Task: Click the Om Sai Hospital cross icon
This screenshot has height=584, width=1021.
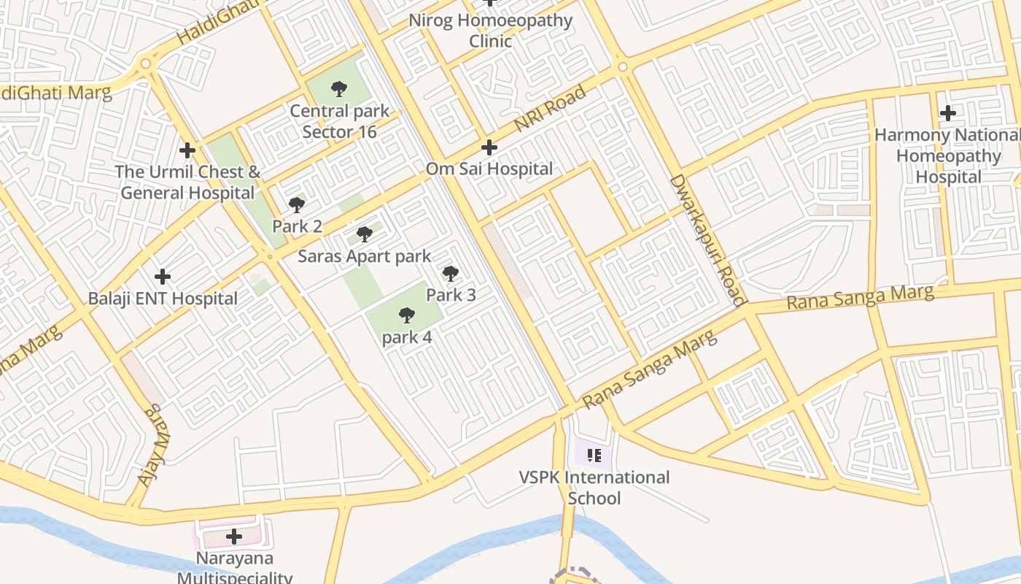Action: coord(489,147)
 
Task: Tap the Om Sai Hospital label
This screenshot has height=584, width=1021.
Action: coord(489,169)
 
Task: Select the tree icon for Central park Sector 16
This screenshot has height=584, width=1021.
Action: coord(338,89)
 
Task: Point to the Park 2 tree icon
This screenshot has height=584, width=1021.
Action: coord(297,204)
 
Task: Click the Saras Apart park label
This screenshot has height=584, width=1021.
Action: coord(365,257)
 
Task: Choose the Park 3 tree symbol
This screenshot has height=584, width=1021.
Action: coord(451,274)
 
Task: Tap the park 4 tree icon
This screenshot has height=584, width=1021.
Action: coord(407,315)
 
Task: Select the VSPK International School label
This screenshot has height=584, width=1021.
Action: coord(594,488)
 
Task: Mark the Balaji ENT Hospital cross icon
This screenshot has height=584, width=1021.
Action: coord(163,277)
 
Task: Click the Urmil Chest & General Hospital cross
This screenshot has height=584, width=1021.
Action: coord(187,150)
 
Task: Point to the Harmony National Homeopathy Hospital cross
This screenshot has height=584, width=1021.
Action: coord(948,113)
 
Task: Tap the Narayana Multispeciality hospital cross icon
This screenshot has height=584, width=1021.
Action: coord(234,537)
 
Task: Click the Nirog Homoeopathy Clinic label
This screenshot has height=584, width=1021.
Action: coord(490,31)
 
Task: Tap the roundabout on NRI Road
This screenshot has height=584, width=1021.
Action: coord(622,67)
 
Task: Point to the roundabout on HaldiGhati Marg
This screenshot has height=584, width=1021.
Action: coord(146,64)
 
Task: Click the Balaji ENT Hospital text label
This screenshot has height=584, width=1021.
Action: coord(163,299)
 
